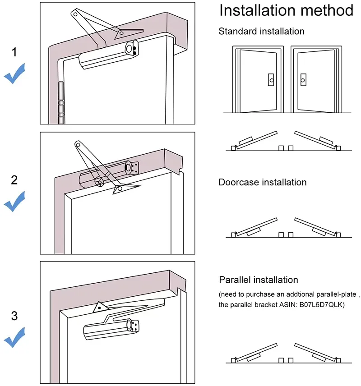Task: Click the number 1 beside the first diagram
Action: pyautogui.click(x=14, y=52)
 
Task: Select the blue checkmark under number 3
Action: pyautogui.click(x=14, y=337)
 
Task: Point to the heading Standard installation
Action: pyautogui.click(x=261, y=32)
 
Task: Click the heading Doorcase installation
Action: pyautogui.click(x=262, y=182)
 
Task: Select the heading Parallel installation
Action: pyautogui.click(x=259, y=280)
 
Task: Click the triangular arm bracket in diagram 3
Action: pyautogui.click(x=98, y=308)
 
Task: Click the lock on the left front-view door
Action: pyautogui.click(x=270, y=80)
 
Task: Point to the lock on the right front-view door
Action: pyautogui.click(x=303, y=80)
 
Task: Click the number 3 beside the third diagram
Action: pyautogui.click(x=14, y=316)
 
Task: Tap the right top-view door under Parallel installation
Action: pyautogui.click(x=315, y=354)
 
